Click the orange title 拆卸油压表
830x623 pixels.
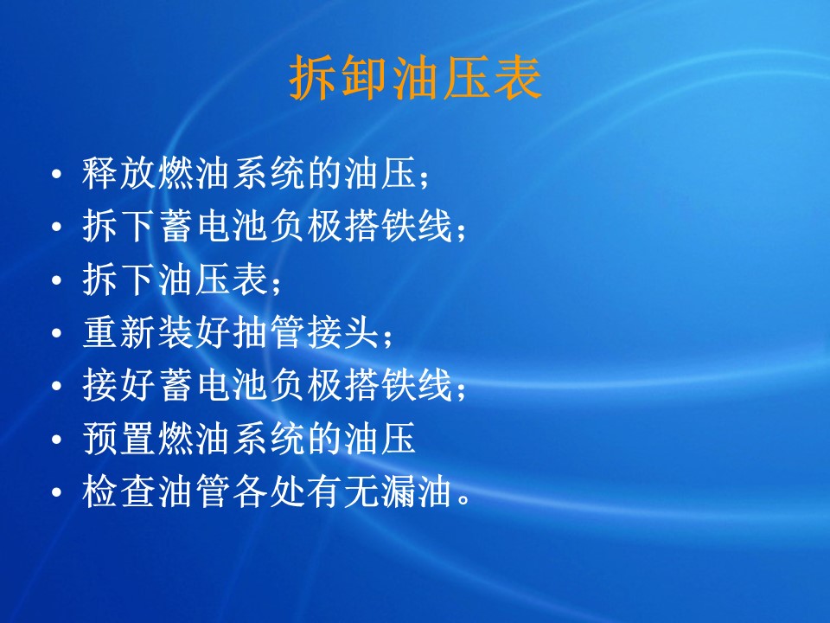[x=416, y=79]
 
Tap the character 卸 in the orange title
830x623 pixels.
[x=365, y=79]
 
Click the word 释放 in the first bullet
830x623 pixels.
[x=119, y=173]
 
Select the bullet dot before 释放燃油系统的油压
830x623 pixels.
[x=57, y=174]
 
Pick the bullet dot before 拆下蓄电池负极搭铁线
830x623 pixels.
[x=57, y=227]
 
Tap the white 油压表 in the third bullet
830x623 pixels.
[x=213, y=279]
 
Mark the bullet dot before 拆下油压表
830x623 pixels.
[x=57, y=279]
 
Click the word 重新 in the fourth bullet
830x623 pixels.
[x=119, y=332]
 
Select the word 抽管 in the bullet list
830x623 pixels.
[x=269, y=332]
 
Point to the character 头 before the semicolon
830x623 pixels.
[x=361, y=332]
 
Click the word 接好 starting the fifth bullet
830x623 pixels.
[x=119, y=385]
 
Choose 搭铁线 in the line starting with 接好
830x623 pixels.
[x=399, y=385]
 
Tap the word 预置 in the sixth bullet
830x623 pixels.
[x=119, y=438]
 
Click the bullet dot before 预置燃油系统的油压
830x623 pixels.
[x=57, y=439]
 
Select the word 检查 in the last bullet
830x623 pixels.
[x=119, y=491]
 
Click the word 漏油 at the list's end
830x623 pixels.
[x=417, y=491]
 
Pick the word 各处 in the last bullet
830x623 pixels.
[x=269, y=491]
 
